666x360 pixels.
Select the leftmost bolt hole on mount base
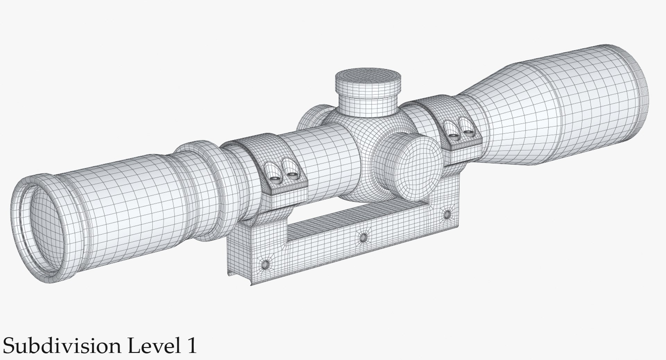pos(265,264)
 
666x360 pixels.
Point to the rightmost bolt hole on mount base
pos(447,214)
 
